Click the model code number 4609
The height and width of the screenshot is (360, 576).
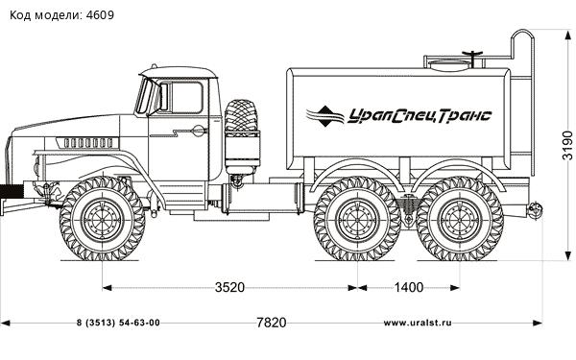tap(100, 15)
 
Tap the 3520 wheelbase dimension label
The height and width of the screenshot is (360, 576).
tap(229, 287)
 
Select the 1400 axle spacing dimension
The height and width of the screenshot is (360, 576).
tap(409, 287)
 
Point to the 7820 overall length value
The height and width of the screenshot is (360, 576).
tap(271, 323)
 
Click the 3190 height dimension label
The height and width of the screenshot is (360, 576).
tap(567, 145)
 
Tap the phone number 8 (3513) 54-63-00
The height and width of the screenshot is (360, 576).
tap(118, 323)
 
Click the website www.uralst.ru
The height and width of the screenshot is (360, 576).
tap(418, 323)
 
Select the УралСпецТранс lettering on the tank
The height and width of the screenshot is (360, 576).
tap(420, 116)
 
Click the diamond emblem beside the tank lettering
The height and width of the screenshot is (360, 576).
tap(324, 116)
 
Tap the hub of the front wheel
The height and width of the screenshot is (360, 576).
tap(103, 220)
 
